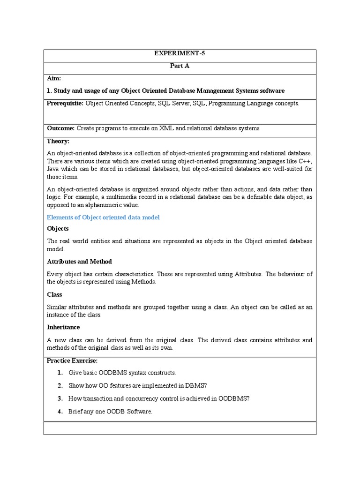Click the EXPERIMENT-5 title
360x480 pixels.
click(x=180, y=53)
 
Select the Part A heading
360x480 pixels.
click(x=180, y=66)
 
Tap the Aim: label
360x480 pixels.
click(x=54, y=78)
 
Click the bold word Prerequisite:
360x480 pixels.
click(x=65, y=103)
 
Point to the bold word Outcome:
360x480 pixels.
click(x=60, y=128)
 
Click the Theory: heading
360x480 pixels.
click(x=58, y=141)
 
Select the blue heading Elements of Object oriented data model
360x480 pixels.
click(x=103, y=217)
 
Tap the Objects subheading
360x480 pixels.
click(x=58, y=228)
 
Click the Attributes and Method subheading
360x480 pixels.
click(x=79, y=261)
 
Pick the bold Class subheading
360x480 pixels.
click(x=54, y=294)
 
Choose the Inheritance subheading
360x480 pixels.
click(x=63, y=327)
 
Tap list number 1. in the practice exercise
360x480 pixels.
click(x=60, y=373)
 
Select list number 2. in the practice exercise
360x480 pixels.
click(x=60, y=385)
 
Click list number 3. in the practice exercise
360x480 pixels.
click(x=60, y=398)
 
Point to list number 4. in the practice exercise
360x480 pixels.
click(x=60, y=412)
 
